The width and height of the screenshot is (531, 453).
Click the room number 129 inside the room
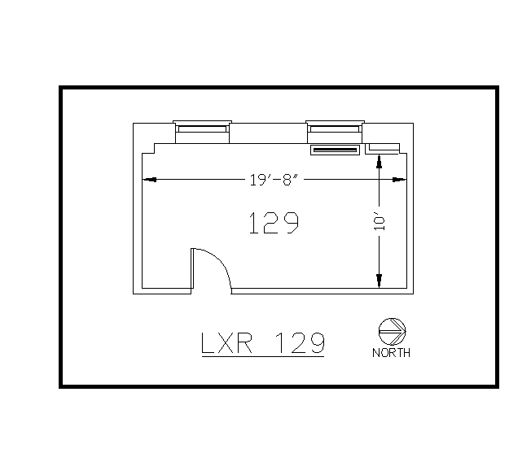(273, 222)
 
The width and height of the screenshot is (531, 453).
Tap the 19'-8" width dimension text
(274, 180)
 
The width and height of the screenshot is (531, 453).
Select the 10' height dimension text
(380, 222)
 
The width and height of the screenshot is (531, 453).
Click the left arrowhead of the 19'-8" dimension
(150, 180)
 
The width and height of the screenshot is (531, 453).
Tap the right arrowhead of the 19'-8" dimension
(398, 180)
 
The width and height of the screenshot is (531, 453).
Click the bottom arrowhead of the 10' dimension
(379, 281)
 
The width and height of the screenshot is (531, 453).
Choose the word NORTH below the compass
(391, 353)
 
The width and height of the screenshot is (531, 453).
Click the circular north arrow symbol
(392, 329)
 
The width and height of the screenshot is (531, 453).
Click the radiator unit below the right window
(335, 150)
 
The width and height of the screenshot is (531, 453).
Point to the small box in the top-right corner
(383, 147)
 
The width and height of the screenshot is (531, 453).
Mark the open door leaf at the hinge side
(192, 268)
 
